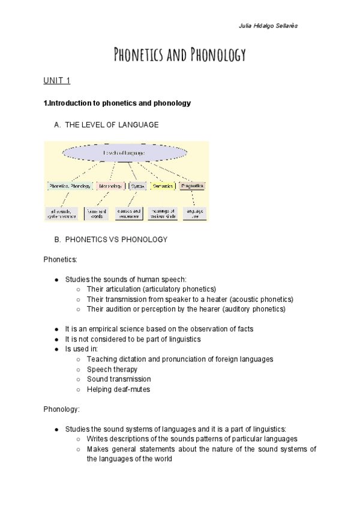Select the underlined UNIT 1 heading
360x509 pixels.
click(56, 81)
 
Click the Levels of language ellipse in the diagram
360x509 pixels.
click(124, 153)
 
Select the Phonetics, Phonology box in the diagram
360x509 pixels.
click(70, 186)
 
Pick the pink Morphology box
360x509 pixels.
click(110, 186)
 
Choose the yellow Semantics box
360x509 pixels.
click(163, 186)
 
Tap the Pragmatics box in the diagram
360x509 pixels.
click(193, 186)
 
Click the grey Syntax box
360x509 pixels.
click(138, 186)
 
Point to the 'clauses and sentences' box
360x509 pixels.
click(129, 213)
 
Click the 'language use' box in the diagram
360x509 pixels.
click(195, 213)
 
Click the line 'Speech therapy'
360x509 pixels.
click(112, 369)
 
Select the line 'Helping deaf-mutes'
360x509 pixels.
click(118, 389)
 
